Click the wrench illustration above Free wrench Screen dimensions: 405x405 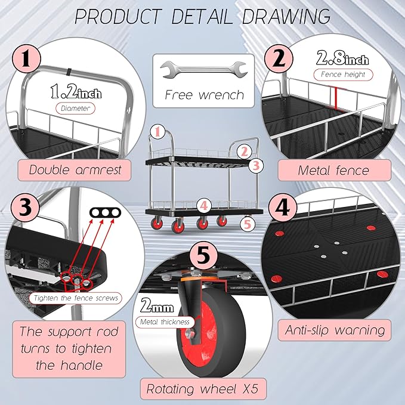pos(203,69)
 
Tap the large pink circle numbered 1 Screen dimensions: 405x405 pos(26,59)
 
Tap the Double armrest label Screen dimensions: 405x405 pos(75,170)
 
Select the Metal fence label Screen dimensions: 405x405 pos(334,171)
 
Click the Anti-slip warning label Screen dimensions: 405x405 pos(334,330)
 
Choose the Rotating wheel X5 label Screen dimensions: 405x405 pos(203,389)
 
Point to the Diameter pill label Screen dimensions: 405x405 pos(75,109)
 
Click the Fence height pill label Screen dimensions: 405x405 pos(343,75)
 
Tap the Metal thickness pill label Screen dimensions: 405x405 pos(165,322)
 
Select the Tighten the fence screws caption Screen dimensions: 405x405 pos(75,298)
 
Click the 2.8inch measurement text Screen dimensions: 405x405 pos(342,58)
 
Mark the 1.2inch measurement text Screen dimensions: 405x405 pos(76,92)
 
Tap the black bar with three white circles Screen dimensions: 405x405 pos(105,212)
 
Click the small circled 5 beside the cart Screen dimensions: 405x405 pos(248,224)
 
